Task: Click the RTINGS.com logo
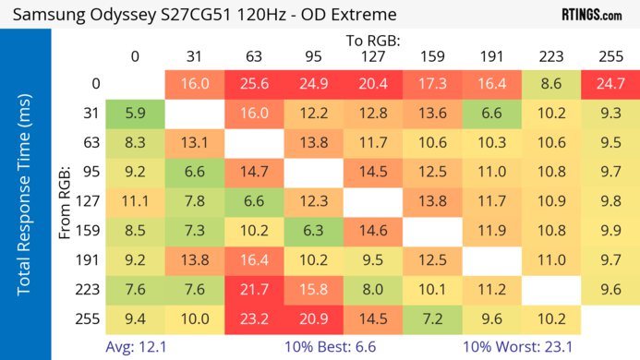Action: coord(591,15)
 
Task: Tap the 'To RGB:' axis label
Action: coord(373,41)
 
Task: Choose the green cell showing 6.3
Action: coord(313,232)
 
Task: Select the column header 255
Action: coord(610,56)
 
